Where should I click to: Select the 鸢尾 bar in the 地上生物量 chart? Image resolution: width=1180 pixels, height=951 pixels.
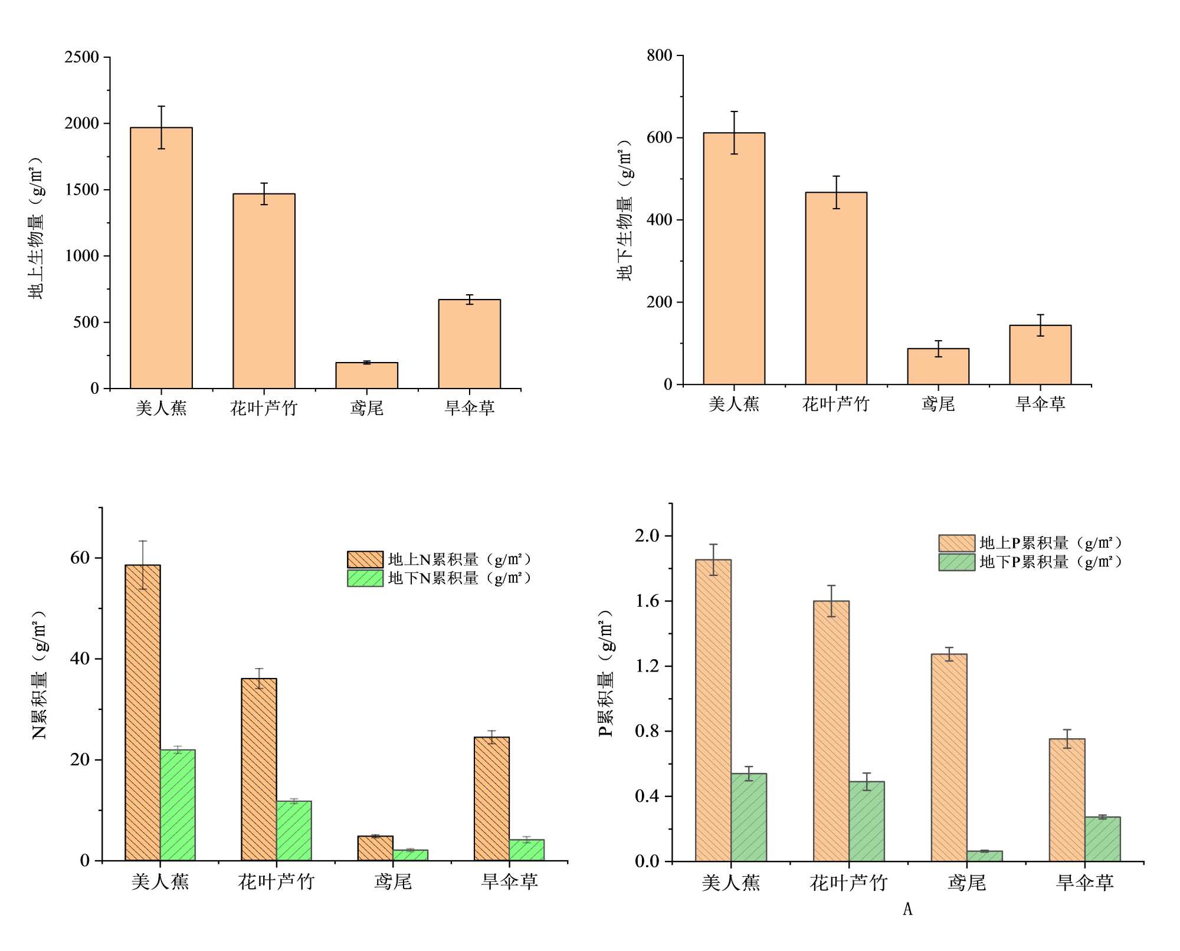pos(366,376)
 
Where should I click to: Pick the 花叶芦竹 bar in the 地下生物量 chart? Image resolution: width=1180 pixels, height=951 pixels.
pos(836,288)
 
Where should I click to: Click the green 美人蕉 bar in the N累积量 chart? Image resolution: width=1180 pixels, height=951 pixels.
pos(178,805)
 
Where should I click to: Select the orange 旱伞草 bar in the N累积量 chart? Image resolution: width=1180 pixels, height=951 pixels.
pos(491,798)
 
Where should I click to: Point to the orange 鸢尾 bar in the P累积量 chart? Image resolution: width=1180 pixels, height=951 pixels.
pos(949,758)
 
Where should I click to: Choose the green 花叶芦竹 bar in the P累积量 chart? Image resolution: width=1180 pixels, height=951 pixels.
pos(867,821)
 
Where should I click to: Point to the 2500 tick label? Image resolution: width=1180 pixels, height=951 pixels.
pos(82,57)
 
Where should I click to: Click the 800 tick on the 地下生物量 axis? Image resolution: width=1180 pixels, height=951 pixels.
pos(659,55)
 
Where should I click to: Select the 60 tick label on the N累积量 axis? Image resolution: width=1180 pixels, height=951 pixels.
pos(80,558)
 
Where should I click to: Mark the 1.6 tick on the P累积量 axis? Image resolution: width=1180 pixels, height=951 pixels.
pos(647,601)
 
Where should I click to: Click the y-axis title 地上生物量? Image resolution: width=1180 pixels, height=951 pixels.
pos(36,228)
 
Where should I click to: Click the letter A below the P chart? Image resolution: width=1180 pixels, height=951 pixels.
pos(907,909)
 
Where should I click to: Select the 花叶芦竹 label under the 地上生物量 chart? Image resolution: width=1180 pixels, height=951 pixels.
pos(264,408)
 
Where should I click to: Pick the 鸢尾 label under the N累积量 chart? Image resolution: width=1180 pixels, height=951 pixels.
pos(393,881)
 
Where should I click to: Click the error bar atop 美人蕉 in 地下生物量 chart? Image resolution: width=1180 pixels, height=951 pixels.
pos(734,132)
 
